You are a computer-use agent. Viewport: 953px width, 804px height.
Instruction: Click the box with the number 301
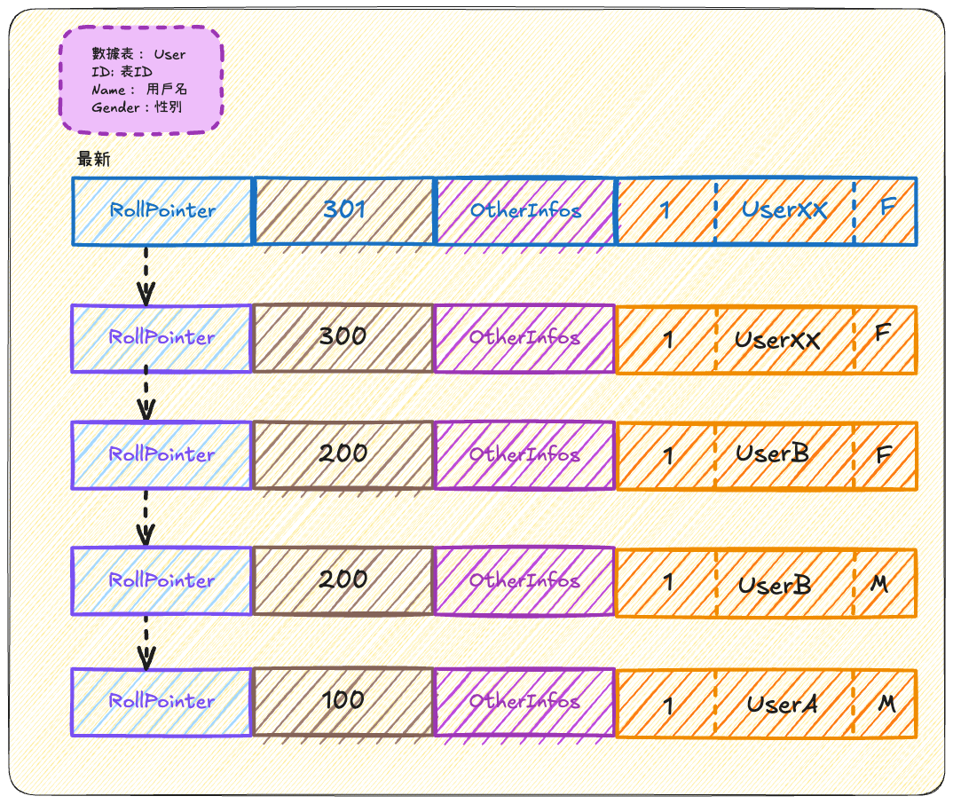[x=343, y=210]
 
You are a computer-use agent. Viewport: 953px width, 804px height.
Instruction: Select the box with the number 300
[x=343, y=337]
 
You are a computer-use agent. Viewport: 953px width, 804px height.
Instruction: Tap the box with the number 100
[x=343, y=700]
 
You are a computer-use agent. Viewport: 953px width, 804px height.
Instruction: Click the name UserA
[x=782, y=705]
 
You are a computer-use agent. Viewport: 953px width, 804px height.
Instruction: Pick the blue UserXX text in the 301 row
[x=784, y=210]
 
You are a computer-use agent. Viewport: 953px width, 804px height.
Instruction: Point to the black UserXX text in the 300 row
[x=777, y=340]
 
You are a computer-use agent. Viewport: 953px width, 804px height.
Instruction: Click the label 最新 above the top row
[x=93, y=160]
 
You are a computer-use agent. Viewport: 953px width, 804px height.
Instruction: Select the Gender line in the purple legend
[x=137, y=107]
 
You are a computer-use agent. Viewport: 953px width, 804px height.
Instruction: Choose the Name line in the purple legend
[x=138, y=90]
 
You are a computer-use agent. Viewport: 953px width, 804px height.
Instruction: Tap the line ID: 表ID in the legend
[x=122, y=72]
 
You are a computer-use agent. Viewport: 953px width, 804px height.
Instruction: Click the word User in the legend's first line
[x=169, y=54]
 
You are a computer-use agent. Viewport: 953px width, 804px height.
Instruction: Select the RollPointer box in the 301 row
[x=161, y=210]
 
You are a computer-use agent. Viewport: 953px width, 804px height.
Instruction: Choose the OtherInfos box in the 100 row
[x=524, y=701]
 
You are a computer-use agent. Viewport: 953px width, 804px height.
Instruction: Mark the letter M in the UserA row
[x=886, y=704]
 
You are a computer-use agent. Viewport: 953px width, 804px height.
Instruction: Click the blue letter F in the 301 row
[x=888, y=209]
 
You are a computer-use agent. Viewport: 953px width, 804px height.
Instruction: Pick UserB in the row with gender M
[x=775, y=586]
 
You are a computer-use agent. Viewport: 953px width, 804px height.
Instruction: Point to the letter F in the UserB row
[x=884, y=456]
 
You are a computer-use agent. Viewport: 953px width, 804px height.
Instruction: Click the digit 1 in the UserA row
[x=667, y=705]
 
